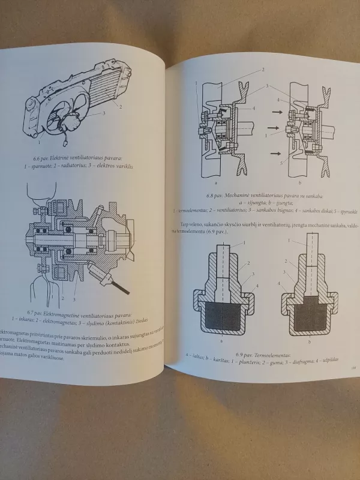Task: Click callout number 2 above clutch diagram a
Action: click(x=262, y=70)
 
